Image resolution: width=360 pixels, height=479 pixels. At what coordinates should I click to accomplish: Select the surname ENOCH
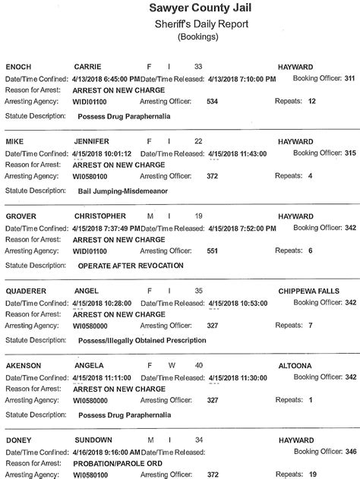[x=18, y=67]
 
